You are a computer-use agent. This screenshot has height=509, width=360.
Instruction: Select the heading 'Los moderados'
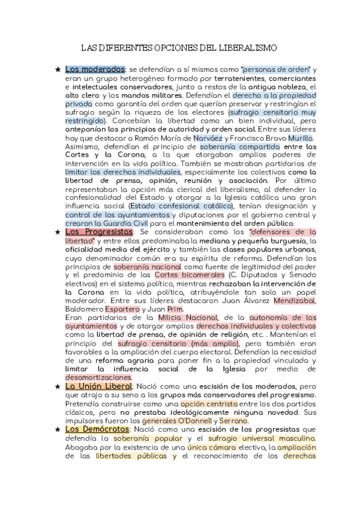click(95, 70)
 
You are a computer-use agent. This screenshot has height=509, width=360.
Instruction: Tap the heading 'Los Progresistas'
click(98, 232)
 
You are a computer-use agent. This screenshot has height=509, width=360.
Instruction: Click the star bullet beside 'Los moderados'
click(57, 70)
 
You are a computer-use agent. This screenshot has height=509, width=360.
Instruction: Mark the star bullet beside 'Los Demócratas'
click(57, 430)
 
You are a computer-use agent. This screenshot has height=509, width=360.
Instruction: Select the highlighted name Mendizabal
click(295, 300)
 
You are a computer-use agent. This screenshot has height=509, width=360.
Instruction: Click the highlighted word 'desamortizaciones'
click(98, 378)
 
